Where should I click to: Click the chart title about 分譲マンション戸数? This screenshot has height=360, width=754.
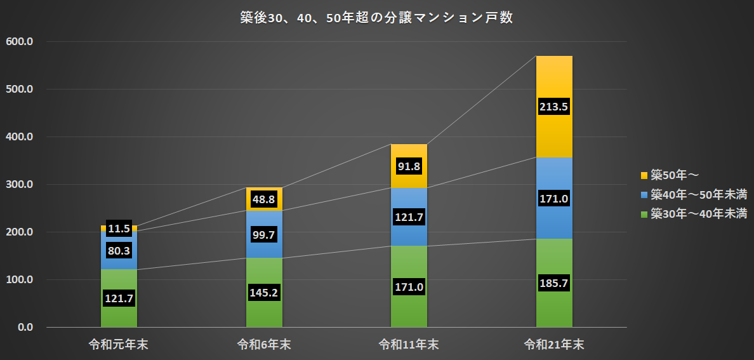coord(376,18)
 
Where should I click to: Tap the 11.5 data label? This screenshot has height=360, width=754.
coord(119,228)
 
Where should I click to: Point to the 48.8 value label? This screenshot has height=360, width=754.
coord(264,199)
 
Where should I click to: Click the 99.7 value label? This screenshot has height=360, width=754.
coord(264,236)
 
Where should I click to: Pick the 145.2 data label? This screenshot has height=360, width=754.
coord(264,293)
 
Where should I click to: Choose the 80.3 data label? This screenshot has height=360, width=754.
coord(119,251)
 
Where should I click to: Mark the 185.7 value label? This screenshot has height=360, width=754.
coord(554,283)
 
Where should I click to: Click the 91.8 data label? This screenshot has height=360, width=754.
coord(409,166)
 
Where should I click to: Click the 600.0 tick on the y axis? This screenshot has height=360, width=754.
coord(20,42)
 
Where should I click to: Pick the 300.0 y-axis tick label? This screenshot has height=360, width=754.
coord(20,185)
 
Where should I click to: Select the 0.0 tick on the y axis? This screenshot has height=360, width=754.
coord(24,328)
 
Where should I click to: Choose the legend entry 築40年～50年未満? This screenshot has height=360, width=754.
coord(694,194)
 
